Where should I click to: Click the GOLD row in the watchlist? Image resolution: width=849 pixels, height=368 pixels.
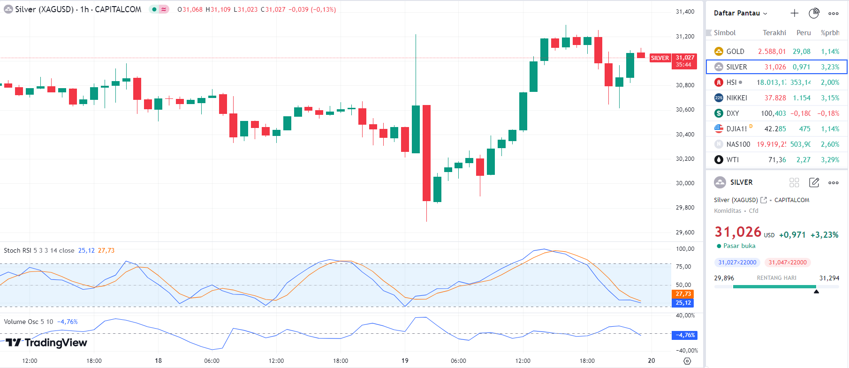[735, 52]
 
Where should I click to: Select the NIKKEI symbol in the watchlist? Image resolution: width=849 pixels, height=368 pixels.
[736, 98]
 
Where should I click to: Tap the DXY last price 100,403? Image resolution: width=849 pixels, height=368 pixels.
[773, 113]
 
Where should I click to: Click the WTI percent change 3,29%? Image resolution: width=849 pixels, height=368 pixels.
[830, 160]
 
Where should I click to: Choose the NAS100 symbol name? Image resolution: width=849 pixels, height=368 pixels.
[738, 144]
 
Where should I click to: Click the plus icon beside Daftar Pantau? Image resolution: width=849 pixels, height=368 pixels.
[794, 13]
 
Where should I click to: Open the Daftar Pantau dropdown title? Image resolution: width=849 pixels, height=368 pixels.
[740, 13]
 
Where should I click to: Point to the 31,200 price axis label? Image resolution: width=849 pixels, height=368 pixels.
[685, 36]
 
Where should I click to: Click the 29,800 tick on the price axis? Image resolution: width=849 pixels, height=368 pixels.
[685, 207]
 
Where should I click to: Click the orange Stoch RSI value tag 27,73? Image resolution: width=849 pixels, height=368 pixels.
[683, 294]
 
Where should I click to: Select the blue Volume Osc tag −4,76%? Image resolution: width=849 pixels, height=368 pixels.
[684, 335]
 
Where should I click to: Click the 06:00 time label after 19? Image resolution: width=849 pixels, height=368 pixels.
[458, 360]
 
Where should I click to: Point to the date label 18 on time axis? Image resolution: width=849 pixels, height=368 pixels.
[158, 360]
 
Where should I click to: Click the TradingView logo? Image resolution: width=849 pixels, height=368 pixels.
[47, 343]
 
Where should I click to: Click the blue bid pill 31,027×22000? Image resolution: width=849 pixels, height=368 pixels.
[737, 263]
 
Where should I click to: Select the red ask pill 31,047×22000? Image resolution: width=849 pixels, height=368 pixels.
[787, 263]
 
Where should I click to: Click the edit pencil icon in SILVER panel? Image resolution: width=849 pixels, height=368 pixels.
[814, 182]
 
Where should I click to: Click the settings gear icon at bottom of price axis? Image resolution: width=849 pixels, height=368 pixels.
[687, 361]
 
